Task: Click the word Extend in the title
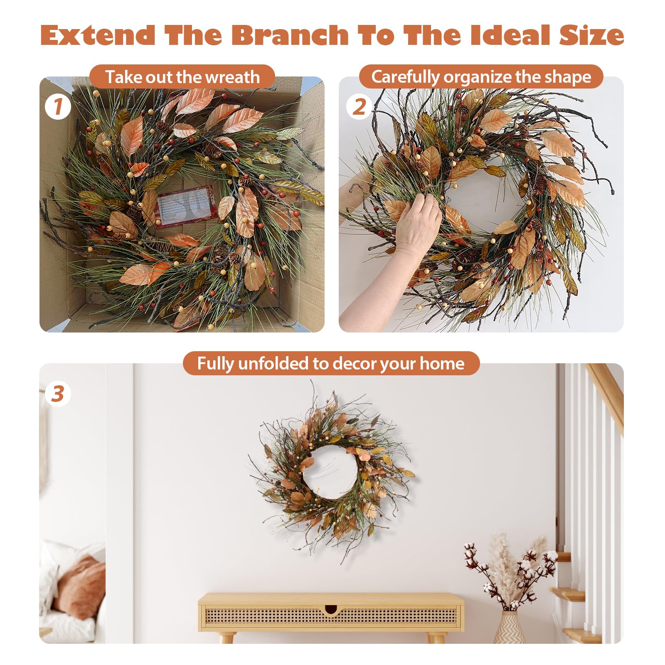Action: (98, 35)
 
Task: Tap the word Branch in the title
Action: (290, 35)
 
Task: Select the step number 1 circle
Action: (58, 107)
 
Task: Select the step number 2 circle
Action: (359, 107)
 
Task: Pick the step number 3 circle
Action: (58, 394)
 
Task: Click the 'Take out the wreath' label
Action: (182, 77)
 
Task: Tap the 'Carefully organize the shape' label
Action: (481, 77)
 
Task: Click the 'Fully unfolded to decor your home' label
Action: (331, 363)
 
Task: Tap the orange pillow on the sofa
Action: (81, 582)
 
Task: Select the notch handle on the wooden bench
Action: (331, 610)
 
